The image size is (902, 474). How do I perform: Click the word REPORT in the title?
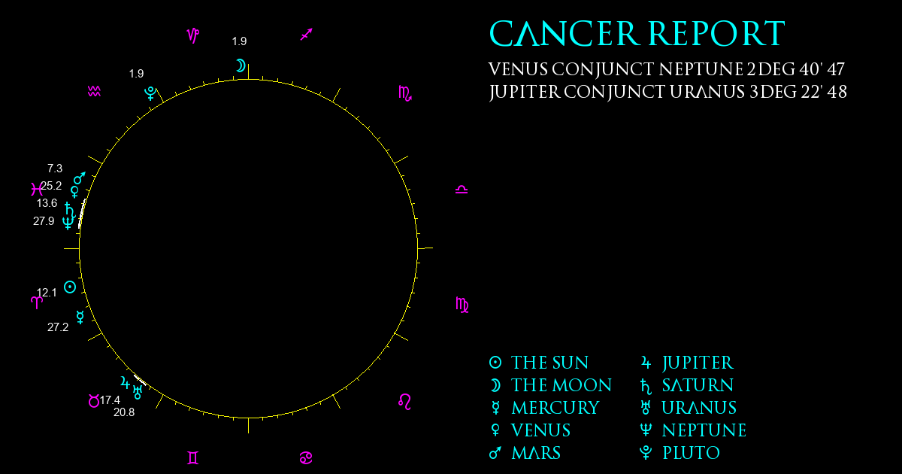click(x=717, y=33)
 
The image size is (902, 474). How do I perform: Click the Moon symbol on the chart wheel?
click(x=241, y=65)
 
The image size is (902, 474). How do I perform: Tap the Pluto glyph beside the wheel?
click(x=150, y=93)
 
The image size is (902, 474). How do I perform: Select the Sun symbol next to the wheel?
click(x=70, y=287)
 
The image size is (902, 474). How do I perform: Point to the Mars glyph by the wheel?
click(x=80, y=178)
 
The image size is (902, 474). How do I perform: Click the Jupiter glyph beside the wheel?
click(x=126, y=382)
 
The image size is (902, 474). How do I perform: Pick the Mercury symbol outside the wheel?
click(x=80, y=318)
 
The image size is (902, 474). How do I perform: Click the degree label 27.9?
click(x=44, y=221)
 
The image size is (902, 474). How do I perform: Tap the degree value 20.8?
click(x=124, y=412)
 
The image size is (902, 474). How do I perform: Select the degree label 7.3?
click(x=55, y=168)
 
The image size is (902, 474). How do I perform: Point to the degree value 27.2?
click(x=58, y=327)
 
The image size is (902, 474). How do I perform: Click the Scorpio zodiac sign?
click(x=405, y=93)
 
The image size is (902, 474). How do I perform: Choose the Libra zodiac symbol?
click(x=462, y=190)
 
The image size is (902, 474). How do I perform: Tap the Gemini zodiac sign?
click(x=193, y=458)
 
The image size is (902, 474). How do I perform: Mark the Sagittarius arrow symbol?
click(x=307, y=35)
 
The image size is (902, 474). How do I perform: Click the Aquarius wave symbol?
click(x=94, y=92)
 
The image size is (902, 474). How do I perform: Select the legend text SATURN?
click(x=698, y=385)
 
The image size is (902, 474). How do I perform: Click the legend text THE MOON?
click(x=561, y=385)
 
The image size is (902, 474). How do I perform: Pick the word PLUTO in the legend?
click(x=692, y=453)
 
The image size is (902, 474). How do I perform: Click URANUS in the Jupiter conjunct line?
click(x=707, y=92)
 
